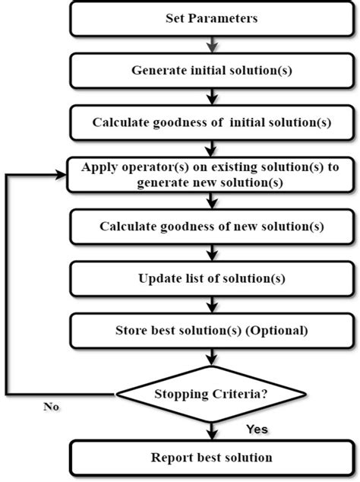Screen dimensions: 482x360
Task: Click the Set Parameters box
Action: click(x=212, y=18)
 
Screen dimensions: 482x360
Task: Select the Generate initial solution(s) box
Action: click(x=212, y=70)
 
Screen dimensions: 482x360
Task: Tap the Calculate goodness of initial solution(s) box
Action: click(x=212, y=122)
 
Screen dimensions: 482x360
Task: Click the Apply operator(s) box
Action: click(x=212, y=174)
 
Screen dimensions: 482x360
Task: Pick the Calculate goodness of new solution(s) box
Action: click(x=212, y=226)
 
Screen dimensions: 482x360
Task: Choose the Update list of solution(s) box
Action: click(x=212, y=277)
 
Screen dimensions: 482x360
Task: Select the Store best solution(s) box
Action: click(x=212, y=330)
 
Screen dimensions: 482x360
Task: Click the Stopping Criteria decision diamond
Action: click(x=212, y=395)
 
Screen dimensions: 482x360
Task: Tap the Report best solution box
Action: click(x=212, y=458)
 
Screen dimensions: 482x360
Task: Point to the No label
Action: click(x=52, y=407)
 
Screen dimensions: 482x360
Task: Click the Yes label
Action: click(x=257, y=430)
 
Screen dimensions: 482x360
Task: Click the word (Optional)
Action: click(x=280, y=330)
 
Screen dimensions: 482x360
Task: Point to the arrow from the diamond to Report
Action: click(x=212, y=430)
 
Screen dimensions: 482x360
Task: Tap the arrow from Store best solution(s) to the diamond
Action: click(x=212, y=360)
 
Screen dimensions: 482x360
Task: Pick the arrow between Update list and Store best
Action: click(x=212, y=304)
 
